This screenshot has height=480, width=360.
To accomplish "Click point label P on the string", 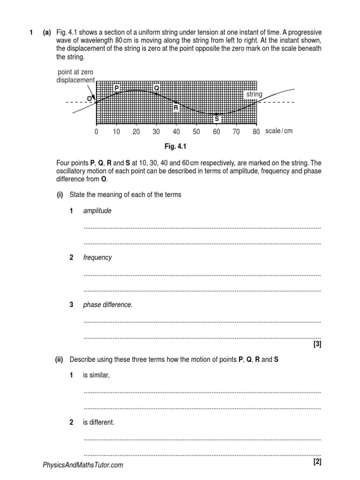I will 116,88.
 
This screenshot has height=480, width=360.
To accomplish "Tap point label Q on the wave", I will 157,88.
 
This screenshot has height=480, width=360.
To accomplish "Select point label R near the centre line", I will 176,108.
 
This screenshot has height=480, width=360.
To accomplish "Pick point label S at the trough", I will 217,119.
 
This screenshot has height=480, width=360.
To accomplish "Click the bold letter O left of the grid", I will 89,98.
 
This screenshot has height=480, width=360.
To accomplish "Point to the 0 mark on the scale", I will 96,132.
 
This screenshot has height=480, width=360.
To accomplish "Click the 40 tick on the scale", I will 176,132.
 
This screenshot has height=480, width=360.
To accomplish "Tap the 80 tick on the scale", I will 256,132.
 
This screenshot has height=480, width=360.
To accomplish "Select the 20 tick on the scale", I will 136,132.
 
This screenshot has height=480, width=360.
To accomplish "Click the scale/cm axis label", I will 278,131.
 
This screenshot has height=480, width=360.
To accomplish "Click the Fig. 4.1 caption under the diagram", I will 176,147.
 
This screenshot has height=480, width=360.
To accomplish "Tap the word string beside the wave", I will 254,95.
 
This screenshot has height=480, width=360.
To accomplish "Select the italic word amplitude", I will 97,211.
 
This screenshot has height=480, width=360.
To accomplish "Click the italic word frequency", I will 97,258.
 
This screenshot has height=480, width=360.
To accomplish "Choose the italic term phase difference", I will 108,305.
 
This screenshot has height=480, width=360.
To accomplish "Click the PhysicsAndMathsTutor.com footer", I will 83,465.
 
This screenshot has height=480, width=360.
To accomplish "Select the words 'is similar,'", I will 96,375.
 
